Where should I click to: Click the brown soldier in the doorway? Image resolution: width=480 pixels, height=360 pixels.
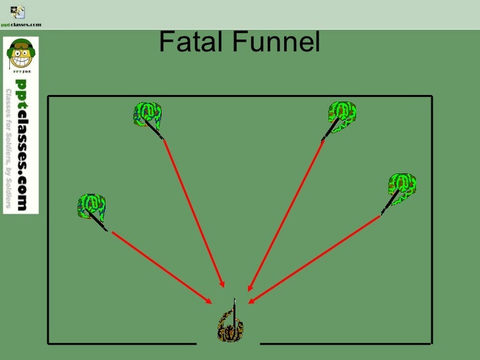(x=230, y=328)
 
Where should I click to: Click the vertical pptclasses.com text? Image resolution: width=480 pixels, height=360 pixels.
(x=22, y=144)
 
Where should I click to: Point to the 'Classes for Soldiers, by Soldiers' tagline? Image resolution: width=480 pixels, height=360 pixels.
(x=9, y=148)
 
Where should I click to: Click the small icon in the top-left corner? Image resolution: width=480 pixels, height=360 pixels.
(x=18, y=11)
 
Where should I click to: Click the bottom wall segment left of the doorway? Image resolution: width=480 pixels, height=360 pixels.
(x=122, y=343)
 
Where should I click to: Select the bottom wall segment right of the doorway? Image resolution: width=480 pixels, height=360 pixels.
(x=346, y=343)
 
